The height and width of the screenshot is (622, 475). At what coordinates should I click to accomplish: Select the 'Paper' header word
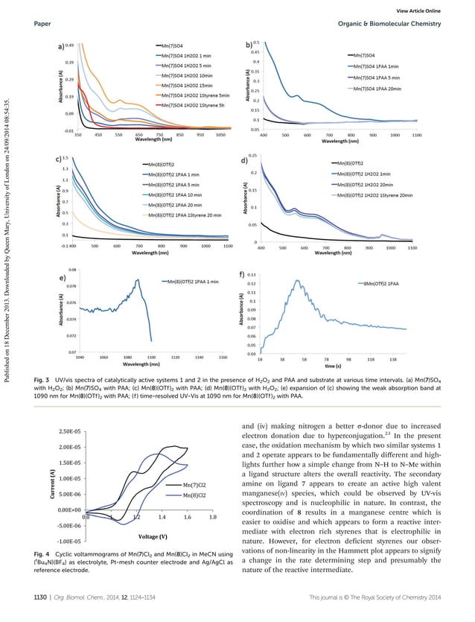(42, 23)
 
